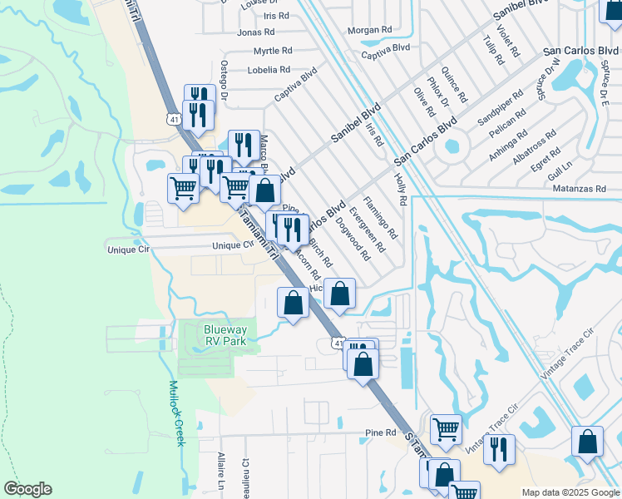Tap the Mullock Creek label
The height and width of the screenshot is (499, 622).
[175, 413]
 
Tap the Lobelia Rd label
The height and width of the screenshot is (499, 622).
[269, 70]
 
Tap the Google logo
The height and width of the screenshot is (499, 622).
[27, 489]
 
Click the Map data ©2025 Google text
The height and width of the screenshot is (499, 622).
[570, 492]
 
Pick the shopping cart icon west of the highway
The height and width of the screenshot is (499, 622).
[183, 187]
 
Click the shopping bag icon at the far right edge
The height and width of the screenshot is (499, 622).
[587, 442]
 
